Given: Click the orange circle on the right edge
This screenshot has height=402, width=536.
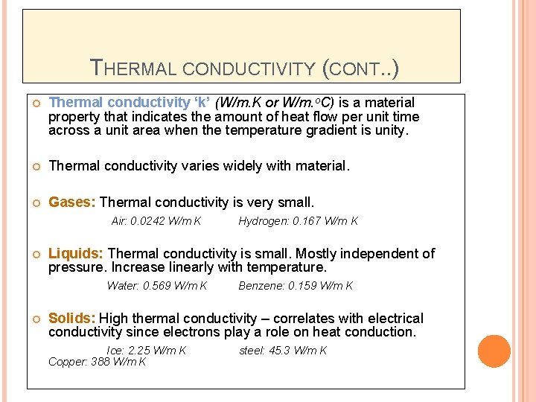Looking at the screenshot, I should [494, 351].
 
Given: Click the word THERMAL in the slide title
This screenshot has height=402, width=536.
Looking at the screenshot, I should [133, 69].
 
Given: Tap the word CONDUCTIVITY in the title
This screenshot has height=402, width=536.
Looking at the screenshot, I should [249, 70].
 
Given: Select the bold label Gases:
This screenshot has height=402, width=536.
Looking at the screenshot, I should [72, 202].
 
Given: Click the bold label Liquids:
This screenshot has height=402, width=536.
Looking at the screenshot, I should [76, 254].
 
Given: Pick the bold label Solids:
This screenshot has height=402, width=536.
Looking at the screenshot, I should [72, 319].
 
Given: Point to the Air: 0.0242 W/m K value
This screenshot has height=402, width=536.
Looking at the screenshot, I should [156, 221].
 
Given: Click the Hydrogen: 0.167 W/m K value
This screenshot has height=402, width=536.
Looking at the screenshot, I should [298, 221].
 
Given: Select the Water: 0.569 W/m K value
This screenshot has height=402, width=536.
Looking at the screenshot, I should [157, 286].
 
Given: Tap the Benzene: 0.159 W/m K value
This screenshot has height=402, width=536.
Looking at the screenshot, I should [296, 286].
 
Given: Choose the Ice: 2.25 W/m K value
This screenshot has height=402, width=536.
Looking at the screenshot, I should [147, 351].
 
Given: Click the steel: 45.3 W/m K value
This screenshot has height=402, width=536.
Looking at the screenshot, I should [283, 351].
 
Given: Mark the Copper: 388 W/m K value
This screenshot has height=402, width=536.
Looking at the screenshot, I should [97, 362].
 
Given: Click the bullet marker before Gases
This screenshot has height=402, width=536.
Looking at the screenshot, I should [34, 202].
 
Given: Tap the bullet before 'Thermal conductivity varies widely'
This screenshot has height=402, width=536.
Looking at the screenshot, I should [34, 166].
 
